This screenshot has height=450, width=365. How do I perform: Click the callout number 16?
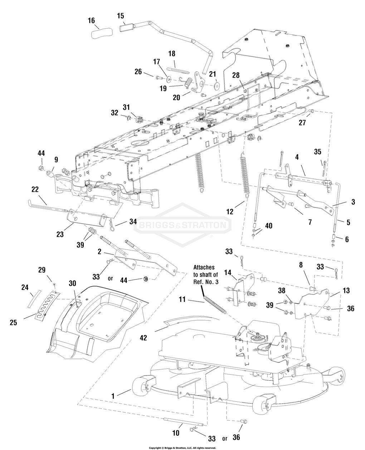point(91,21)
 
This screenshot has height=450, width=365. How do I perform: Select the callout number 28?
point(236,75)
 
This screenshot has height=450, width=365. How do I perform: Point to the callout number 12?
point(230,211)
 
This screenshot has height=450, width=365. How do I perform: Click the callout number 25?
point(13,323)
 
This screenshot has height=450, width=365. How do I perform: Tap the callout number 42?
point(143,338)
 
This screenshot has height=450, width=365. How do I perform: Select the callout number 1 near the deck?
point(113,396)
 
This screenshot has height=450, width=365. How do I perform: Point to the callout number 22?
point(35,189)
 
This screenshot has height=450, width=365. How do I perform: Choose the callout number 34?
point(133,222)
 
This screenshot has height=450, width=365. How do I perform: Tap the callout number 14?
point(228,273)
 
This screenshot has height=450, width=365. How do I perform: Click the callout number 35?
point(317,152)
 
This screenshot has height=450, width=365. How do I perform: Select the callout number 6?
point(347,239)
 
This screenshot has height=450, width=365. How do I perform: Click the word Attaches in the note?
point(204,267)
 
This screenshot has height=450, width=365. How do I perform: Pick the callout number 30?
point(72,283)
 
